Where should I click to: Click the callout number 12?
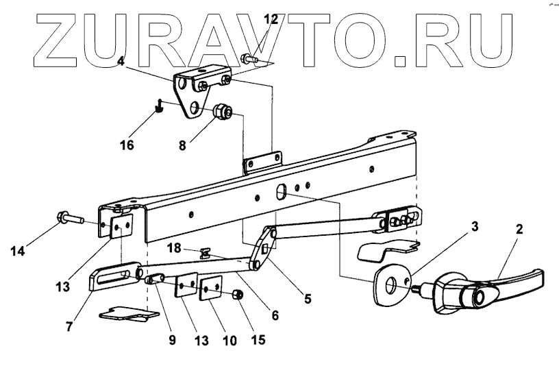click(271, 19)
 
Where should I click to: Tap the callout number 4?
click(121, 61)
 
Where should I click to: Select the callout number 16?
click(126, 145)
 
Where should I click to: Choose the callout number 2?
click(519, 230)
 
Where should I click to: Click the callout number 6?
click(275, 316)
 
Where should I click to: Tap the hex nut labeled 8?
click(223, 111)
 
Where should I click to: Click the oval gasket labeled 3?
click(393, 284)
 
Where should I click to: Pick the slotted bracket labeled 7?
click(113, 277)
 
